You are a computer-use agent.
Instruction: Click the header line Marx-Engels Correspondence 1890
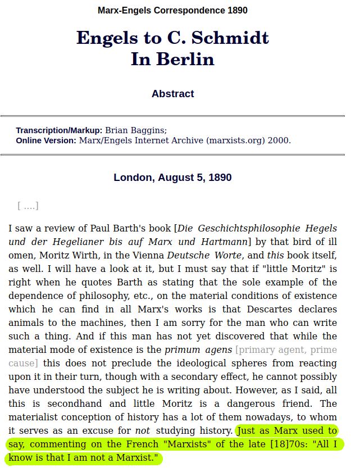tap(172, 10)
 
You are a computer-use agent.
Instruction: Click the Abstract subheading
tap(172, 94)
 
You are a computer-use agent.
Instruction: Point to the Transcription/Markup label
tap(59, 130)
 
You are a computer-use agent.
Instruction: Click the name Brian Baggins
tap(135, 130)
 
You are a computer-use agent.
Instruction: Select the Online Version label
tap(46, 140)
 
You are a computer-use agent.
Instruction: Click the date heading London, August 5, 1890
tap(172, 178)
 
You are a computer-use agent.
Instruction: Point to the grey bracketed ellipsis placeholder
tap(28, 206)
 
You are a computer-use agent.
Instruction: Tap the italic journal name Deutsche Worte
tap(203, 256)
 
